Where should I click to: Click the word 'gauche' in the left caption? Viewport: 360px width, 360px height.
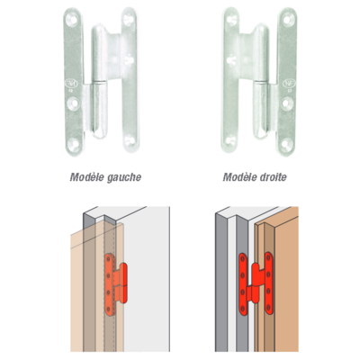point(124,177)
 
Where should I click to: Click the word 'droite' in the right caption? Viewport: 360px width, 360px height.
point(272,177)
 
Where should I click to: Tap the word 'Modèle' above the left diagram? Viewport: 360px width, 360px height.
point(87,177)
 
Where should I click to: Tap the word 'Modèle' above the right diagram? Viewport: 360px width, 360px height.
point(238,177)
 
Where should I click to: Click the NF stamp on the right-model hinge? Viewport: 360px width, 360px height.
point(287,83)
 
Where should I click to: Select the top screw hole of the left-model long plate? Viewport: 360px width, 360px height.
point(73,19)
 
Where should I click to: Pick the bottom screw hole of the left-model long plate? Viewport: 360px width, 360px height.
point(73,143)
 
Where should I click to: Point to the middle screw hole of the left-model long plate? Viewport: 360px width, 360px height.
point(74,103)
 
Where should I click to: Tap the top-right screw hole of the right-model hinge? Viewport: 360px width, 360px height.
point(287,20)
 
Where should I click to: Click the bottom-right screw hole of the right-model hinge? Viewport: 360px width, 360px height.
point(286,143)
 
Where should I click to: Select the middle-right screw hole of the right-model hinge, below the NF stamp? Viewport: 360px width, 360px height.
point(286,103)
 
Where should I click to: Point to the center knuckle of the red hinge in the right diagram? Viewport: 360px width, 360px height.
point(255,282)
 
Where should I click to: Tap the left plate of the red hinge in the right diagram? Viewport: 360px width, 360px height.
point(243,283)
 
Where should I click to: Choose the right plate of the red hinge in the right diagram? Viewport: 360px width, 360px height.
point(269,283)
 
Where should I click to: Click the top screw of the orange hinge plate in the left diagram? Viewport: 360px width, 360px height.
point(108,259)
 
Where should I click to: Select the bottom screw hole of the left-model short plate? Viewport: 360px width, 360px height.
point(130,139)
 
